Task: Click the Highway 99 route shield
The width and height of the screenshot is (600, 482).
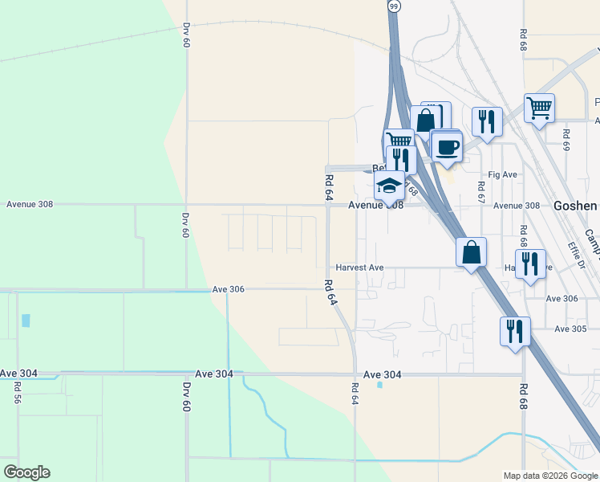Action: pos(393,6)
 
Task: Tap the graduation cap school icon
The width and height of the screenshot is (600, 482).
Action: pos(389,186)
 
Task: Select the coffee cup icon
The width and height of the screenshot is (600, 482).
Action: pos(447,147)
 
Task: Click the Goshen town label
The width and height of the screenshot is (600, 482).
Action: pos(575,206)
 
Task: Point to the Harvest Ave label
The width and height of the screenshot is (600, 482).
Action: pos(360,268)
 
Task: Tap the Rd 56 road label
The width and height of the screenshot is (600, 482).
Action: pos(17,392)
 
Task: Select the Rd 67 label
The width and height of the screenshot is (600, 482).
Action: pos(481,190)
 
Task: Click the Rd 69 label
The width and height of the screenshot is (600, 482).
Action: pos(566,141)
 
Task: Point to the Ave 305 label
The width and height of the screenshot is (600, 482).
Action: pos(571,329)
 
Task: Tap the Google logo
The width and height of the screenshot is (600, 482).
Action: pos(26,472)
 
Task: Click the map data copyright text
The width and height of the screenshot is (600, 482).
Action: pos(550,476)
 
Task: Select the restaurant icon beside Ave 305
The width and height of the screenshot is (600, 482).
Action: pos(514,330)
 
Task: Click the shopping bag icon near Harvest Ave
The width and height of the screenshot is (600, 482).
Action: pos(471,251)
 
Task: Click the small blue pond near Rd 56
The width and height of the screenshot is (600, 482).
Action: pos(26,321)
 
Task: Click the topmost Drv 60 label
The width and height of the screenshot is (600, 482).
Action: pos(186,35)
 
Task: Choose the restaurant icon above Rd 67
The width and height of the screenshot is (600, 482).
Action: pos(486,121)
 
